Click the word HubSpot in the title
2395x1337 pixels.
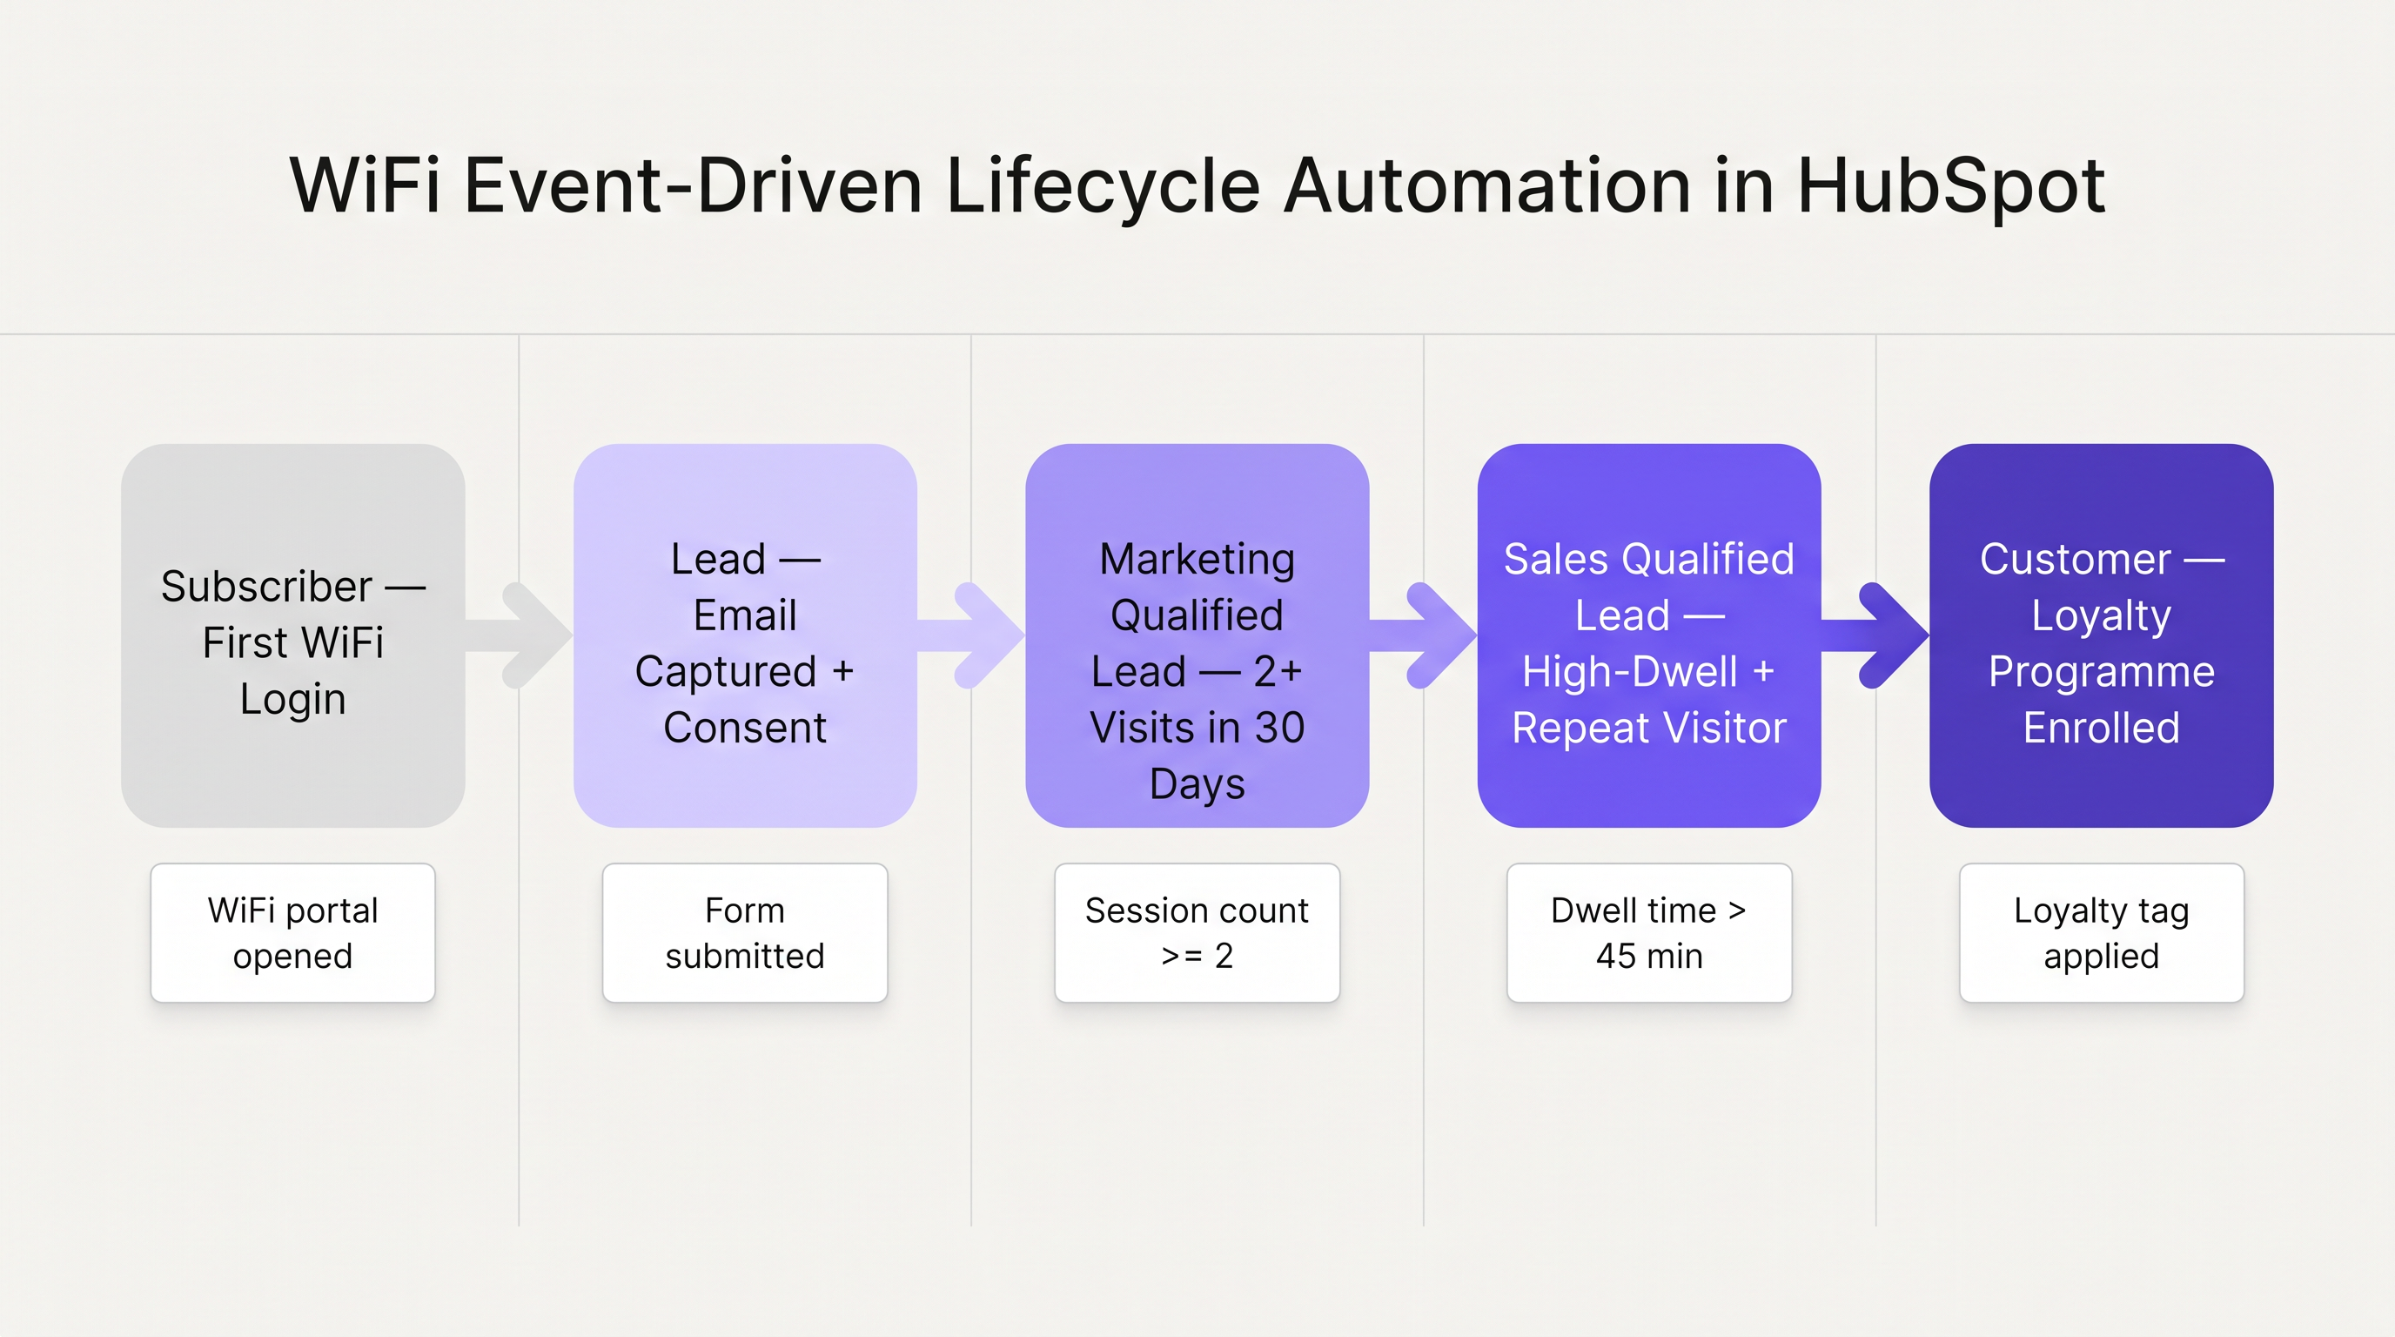click(x=1950, y=186)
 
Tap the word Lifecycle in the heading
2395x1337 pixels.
click(x=1103, y=186)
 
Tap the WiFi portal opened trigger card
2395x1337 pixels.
click(x=293, y=932)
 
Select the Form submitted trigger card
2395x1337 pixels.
click(x=745, y=932)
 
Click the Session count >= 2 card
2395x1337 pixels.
click(x=1197, y=932)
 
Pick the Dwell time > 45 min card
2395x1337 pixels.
click(x=1648, y=932)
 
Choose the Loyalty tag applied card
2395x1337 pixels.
click(x=2101, y=932)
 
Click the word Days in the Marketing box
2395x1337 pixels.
click(x=1197, y=783)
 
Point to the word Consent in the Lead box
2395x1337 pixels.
click(x=745, y=728)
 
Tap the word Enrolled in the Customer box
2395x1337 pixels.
click(x=2101, y=728)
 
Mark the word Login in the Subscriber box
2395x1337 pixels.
click(x=293, y=699)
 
